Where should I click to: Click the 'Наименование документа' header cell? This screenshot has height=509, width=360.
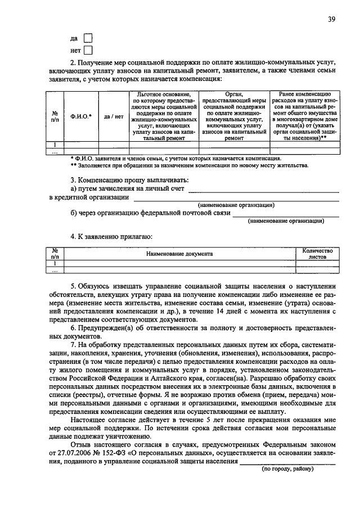179,254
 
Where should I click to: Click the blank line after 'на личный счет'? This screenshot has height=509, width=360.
263,190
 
